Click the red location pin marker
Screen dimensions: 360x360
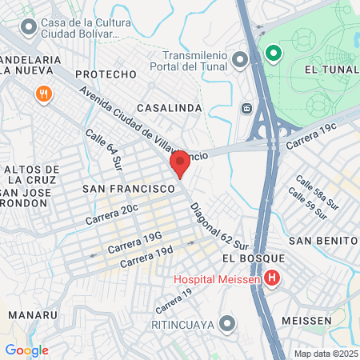(180, 164)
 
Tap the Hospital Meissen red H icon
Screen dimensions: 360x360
(272, 279)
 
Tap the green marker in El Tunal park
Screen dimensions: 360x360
(273, 54)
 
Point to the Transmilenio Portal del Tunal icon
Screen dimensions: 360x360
(240, 59)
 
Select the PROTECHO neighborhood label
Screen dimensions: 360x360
(107, 74)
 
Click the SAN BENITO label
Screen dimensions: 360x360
(322, 241)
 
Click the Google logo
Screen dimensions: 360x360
(26, 350)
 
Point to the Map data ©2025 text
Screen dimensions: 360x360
(325, 353)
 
